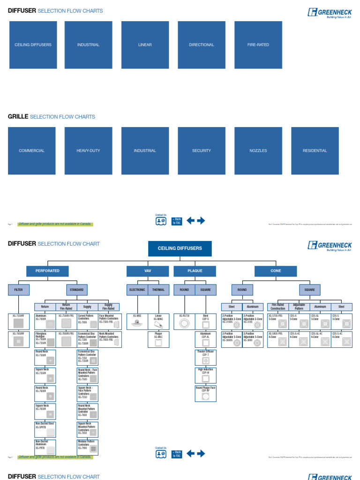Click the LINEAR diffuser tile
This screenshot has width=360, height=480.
click(x=145, y=45)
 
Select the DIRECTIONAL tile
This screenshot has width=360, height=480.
click(x=202, y=45)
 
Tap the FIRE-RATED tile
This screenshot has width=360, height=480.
click(x=258, y=45)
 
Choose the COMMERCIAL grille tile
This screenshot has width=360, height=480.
click(x=32, y=151)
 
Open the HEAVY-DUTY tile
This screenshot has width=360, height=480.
click(x=88, y=151)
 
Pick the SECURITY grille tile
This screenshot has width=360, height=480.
click(x=202, y=151)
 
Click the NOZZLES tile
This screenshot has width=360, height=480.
click(x=258, y=151)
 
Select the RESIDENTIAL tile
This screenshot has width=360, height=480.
click(x=315, y=151)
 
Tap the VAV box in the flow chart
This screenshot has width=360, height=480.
click(x=148, y=271)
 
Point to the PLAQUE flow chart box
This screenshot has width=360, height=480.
click(x=195, y=271)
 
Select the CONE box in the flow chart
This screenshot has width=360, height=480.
click(x=276, y=271)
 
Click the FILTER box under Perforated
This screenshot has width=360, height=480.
click(x=18, y=290)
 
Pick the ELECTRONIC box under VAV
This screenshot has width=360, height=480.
click(x=137, y=290)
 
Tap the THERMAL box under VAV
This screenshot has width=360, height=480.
click(x=158, y=290)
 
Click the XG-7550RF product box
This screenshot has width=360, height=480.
click(x=18, y=321)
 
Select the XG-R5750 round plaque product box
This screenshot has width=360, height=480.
click(x=184, y=321)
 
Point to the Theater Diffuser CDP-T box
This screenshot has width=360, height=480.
click(x=205, y=358)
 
